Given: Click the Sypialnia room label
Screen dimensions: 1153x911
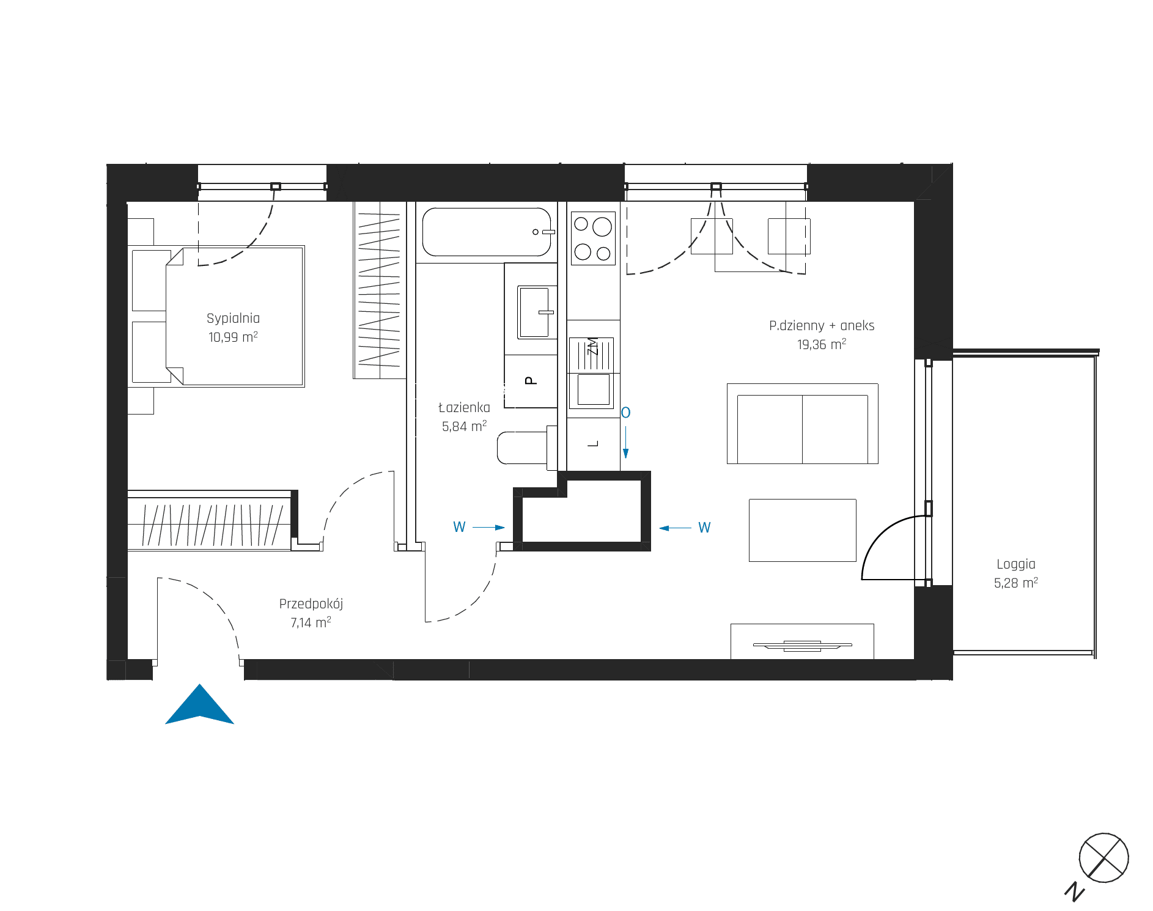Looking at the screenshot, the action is click(233, 319).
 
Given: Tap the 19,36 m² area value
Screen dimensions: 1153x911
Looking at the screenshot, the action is click(822, 344).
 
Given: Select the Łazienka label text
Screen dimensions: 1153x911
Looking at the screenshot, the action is click(464, 407).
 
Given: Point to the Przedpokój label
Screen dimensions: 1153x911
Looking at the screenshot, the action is click(311, 604).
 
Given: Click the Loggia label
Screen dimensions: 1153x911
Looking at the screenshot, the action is click(1016, 564).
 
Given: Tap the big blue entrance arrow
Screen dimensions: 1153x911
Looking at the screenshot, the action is click(199, 704).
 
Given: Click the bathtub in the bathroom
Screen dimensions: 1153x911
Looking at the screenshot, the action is click(487, 232).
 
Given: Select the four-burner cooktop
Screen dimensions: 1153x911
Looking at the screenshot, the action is click(593, 238).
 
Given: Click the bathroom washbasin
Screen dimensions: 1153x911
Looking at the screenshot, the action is click(535, 312).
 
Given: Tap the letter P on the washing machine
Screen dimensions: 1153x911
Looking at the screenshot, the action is click(531, 380).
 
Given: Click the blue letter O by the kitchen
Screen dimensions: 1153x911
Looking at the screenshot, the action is click(625, 413).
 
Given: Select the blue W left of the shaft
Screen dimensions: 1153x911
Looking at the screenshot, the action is click(459, 527).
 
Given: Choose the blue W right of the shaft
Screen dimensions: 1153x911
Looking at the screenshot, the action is click(704, 528).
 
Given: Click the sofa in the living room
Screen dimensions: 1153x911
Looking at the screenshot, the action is click(802, 424).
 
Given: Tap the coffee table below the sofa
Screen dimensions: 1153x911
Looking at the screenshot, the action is click(802, 530).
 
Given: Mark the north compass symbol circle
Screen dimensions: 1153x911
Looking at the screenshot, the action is click(1103, 858).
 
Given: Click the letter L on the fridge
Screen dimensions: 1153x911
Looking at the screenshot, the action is click(592, 444).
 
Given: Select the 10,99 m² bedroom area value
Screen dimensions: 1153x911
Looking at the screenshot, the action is click(233, 337).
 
